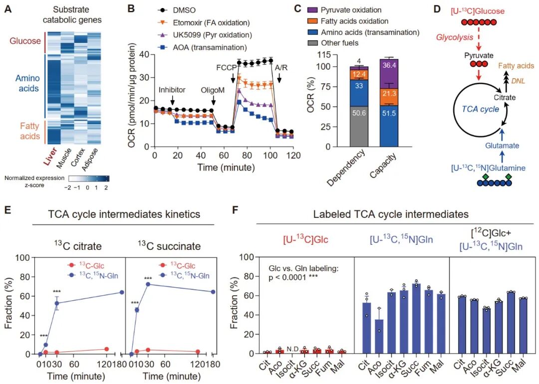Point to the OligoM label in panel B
(x=213, y=90)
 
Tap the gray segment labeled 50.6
(x=359, y=127)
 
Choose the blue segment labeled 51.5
(x=389, y=126)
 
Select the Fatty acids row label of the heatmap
(x=30, y=131)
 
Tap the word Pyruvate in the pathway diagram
(x=479, y=55)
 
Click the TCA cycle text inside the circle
(x=481, y=109)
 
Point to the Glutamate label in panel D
(x=502, y=146)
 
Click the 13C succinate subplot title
(x=169, y=246)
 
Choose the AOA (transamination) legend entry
(x=202, y=48)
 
